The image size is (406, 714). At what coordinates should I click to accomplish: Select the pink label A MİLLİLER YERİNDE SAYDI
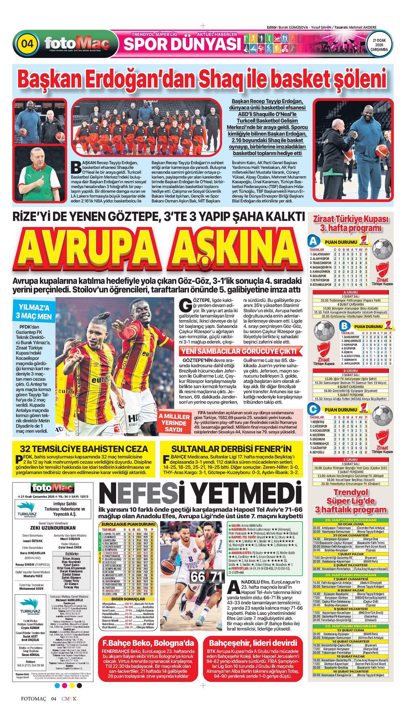click(174, 423)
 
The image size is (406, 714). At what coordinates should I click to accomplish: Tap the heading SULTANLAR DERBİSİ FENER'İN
click(231, 449)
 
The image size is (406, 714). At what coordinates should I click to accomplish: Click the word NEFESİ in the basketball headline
click(143, 493)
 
